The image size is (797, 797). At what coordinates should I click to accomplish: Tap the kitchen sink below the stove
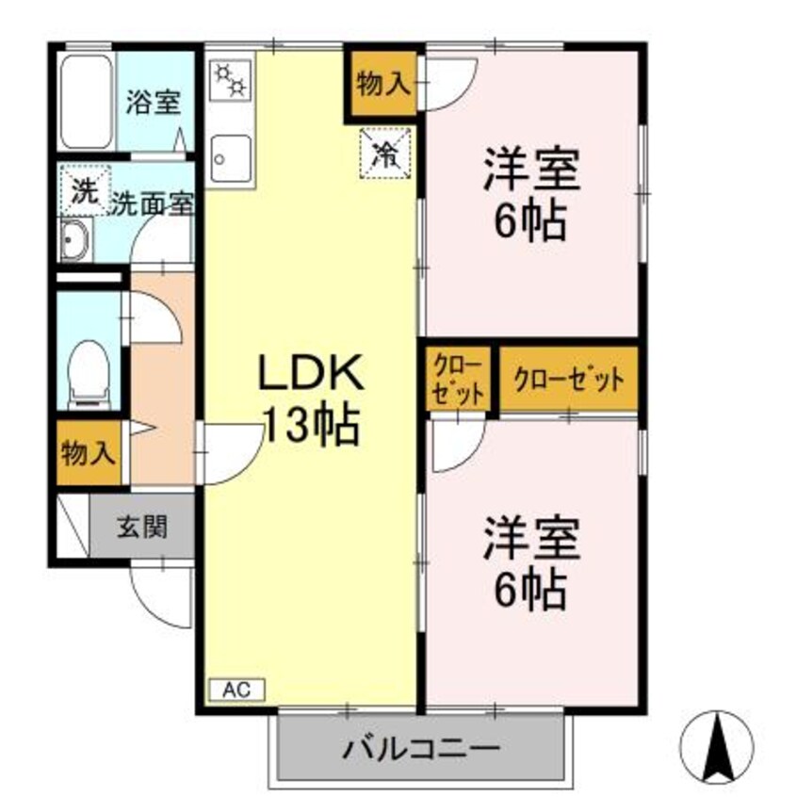(231, 156)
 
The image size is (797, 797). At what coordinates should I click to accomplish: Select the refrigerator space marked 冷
(384, 151)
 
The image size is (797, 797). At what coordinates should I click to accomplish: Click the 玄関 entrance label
(142, 527)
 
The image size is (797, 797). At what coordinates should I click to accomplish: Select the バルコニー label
(420, 751)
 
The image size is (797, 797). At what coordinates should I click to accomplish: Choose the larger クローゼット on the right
(568, 380)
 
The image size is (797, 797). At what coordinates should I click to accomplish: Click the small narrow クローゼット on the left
(458, 379)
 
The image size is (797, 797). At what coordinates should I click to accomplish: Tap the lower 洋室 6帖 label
(530, 564)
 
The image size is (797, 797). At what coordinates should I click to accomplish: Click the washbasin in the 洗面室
(73, 243)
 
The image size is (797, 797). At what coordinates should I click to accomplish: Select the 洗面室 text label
(154, 202)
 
